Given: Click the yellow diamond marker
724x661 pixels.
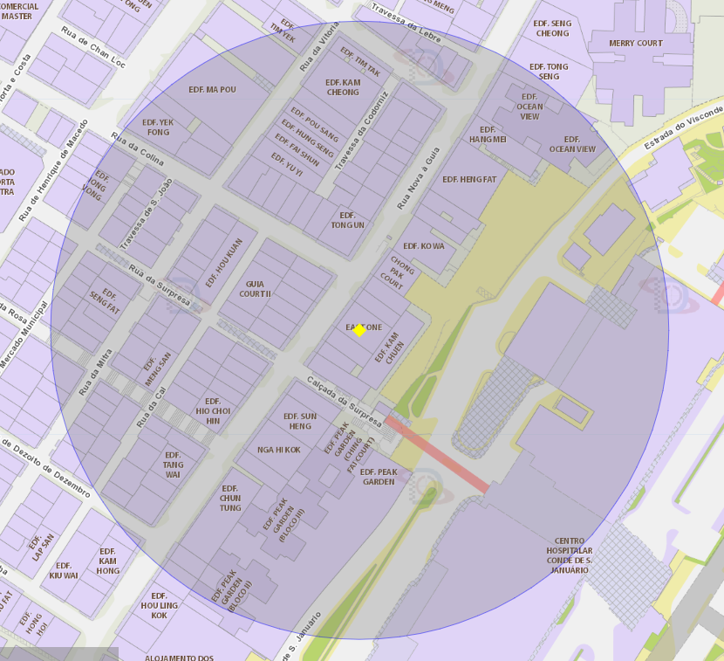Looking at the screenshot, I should (x=359, y=329).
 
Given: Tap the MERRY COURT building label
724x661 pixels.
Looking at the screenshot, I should (x=636, y=43).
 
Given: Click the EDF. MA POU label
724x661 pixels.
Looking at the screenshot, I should (x=212, y=90).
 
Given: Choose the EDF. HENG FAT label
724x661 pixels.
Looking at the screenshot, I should (x=469, y=180).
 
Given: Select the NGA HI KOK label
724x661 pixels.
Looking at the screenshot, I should (x=279, y=450).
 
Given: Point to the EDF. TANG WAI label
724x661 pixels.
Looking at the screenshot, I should (x=173, y=465).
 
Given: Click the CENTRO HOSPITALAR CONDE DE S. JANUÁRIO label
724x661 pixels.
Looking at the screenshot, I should (x=570, y=555).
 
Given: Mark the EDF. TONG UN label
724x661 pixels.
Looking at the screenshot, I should (x=347, y=220).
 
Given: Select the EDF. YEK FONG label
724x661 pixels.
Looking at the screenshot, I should (x=158, y=127).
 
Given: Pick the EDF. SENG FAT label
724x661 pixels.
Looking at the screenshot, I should (x=105, y=302).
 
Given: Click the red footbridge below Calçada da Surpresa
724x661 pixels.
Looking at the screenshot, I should (x=437, y=453).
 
